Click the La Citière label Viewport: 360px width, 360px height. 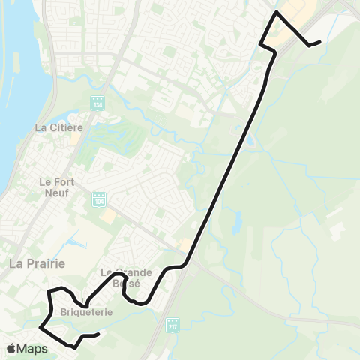click(x=58, y=127)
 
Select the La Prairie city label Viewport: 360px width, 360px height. click(x=37, y=263)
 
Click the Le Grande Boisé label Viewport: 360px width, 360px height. click(x=127, y=277)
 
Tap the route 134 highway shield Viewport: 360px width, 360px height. click(x=97, y=103)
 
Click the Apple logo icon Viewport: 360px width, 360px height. click(x=12, y=348)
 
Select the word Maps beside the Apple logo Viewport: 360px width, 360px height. click(x=33, y=348)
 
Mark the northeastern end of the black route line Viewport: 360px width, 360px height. click(x=320, y=42)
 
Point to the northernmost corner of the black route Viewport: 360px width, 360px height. click(x=277, y=13)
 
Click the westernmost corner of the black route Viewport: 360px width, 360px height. click(x=40, y=328)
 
